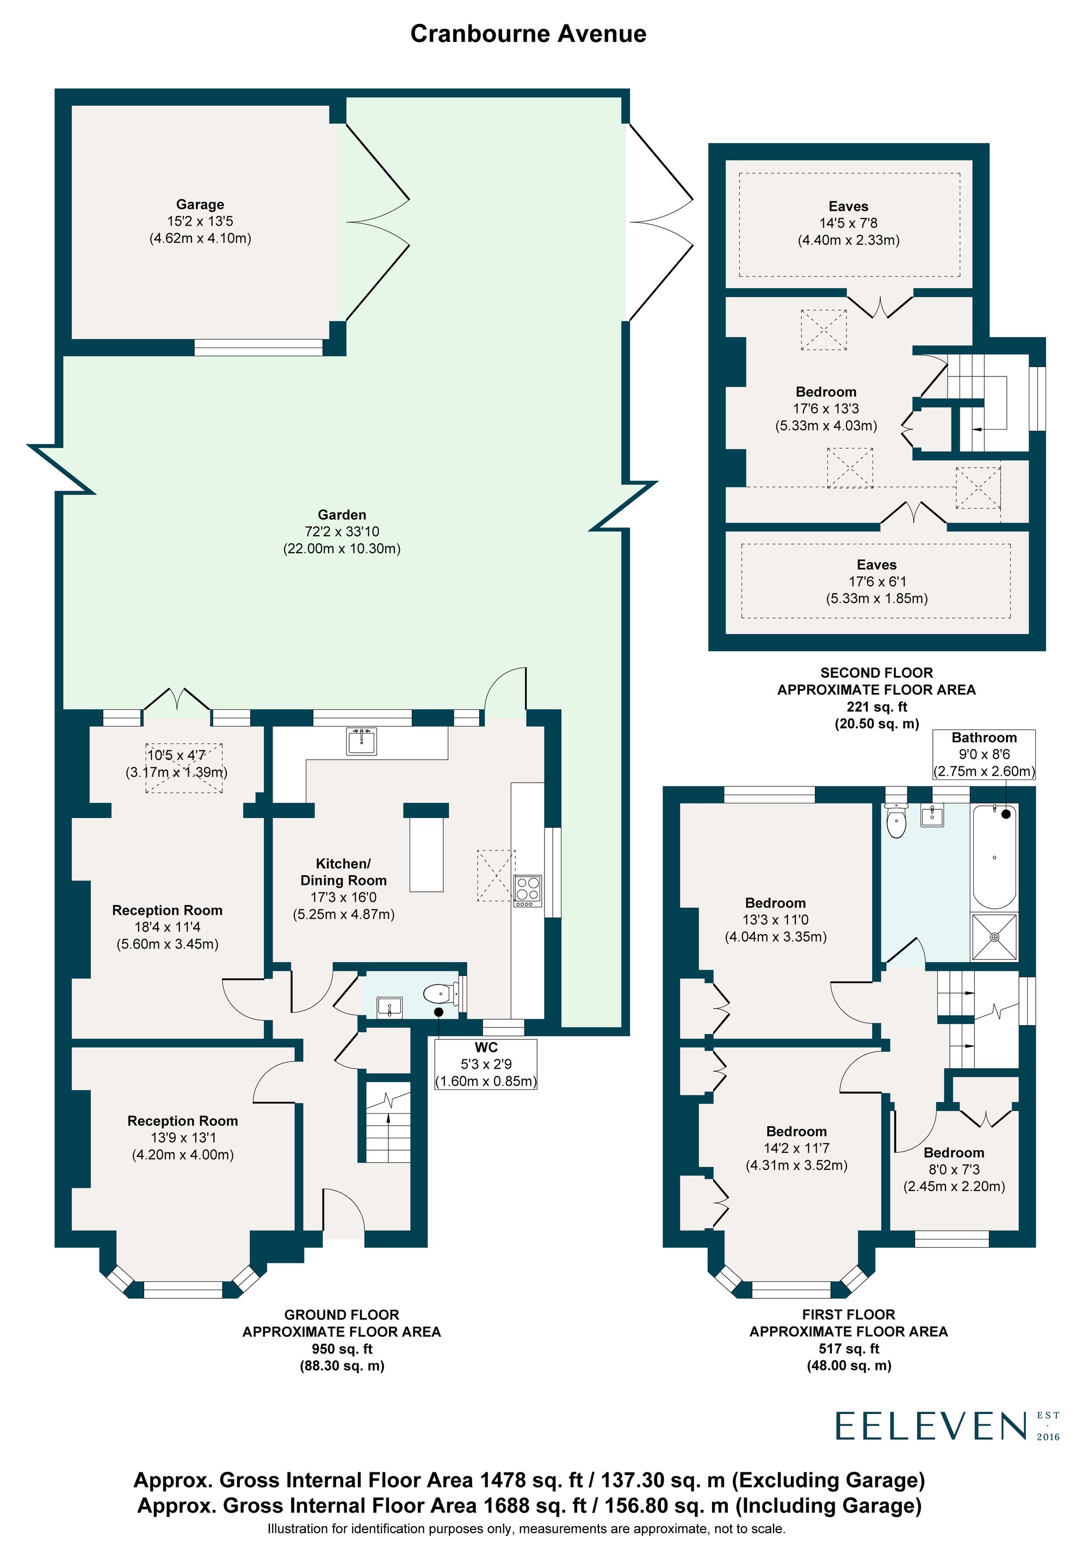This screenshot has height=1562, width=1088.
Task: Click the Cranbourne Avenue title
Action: point(528,34)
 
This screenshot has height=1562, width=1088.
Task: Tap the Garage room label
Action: point(200,204)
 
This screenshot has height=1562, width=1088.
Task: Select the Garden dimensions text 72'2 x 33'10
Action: point(342,531)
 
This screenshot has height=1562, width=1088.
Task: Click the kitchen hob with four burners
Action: point(527,890)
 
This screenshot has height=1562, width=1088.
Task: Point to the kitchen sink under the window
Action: point(362,741)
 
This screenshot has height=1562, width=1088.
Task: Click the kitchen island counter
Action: point(426,854)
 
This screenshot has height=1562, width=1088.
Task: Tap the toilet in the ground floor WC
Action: point(439,995)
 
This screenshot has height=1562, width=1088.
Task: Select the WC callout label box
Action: point(486,1064)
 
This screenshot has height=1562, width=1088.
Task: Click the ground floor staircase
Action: point(388,1123)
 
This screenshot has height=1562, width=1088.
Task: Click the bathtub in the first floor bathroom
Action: point(994,857)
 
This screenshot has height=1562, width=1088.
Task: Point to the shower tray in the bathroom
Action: point(994,937)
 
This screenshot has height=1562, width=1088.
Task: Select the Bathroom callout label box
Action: point(984,754)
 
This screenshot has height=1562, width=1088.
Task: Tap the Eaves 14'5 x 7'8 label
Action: point(849,223)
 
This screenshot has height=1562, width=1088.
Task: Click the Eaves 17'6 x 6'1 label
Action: point(876,581)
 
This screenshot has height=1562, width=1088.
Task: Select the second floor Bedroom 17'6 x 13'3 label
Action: point(826,408)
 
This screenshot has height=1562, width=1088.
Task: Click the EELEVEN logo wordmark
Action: point(931,1426)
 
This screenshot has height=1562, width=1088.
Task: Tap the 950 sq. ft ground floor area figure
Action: point(342,1348)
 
